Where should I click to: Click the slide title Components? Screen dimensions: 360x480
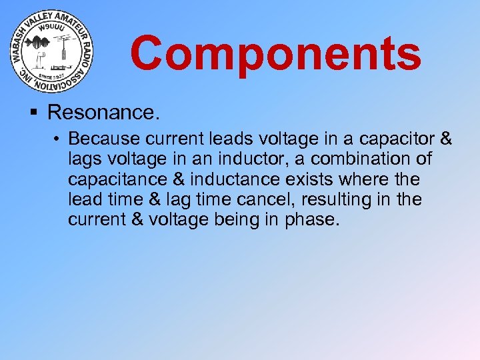click(x=275, y=53)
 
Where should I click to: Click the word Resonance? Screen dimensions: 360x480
click(x=104, y=112)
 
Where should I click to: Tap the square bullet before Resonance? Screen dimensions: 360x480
click(x=34, y=112)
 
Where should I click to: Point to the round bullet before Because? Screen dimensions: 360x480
click(x=59, y=139)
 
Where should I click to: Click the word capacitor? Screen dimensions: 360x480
click(x=391, y=139)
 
